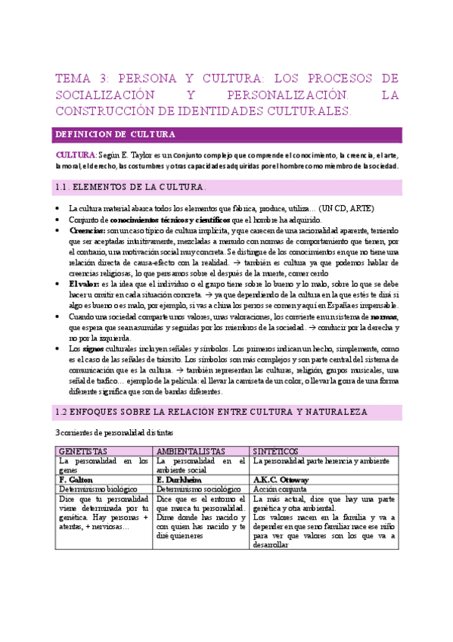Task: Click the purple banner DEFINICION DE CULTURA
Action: pyautogui.click(x=116, y=134)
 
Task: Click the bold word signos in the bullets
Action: pyautogui.click(x=93, y=347)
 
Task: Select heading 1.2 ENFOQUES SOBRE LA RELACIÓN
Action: pyautogui.click(x=212, y=412)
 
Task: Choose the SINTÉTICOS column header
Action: pyautogui.click(x=281, y=450)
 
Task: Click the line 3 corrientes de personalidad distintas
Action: pyautogui.click(x=109, y=432)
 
